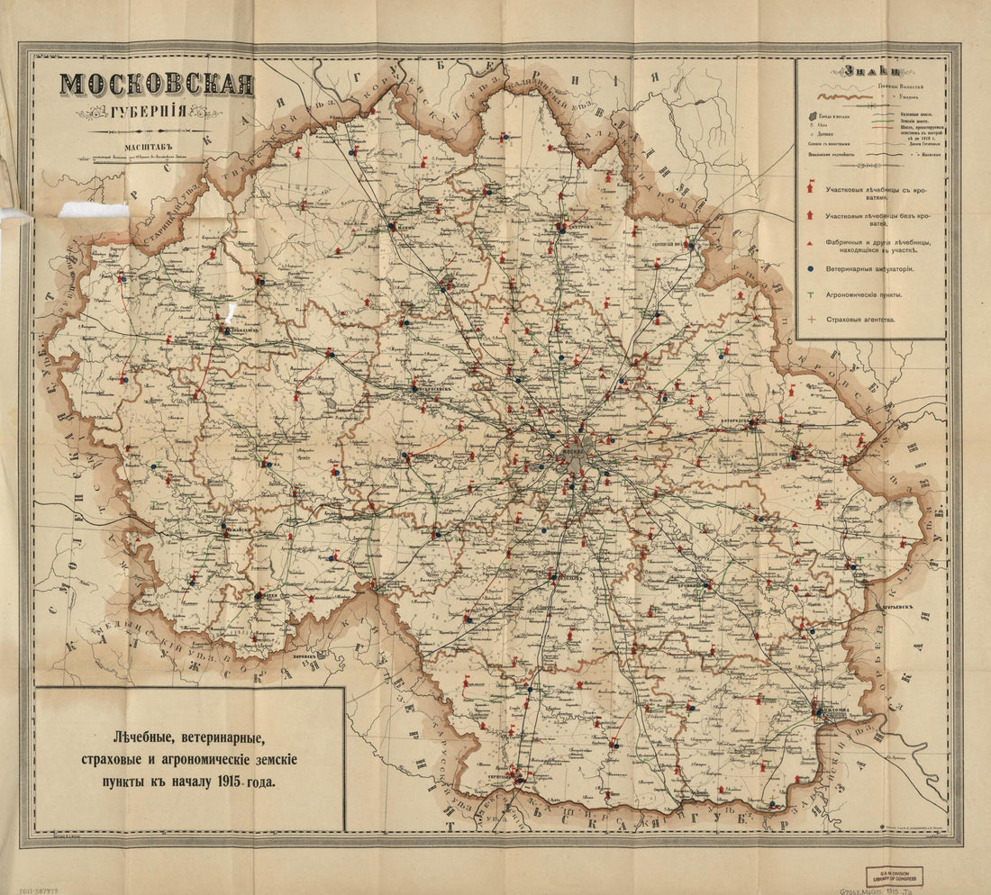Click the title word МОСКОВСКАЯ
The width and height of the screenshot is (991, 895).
[x=156, y=86]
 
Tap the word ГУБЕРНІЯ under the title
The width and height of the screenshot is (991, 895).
[x=156, y=114]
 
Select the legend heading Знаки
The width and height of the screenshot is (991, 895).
[x=870, y=71]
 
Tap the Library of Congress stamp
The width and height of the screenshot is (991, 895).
[x=894, y=876]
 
